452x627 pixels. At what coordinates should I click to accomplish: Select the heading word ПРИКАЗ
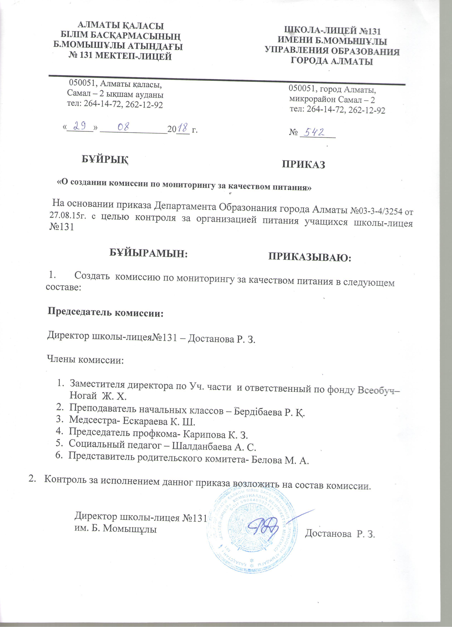(x=303, y=164)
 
